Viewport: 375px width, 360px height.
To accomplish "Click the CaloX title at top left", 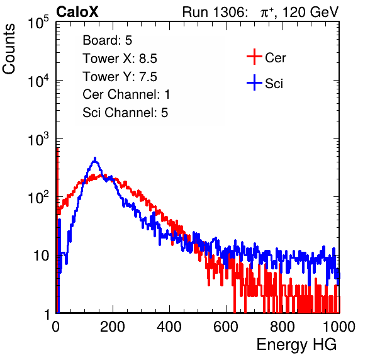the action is tap(77, 12).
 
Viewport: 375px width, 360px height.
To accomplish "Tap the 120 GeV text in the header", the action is tap(311, 12).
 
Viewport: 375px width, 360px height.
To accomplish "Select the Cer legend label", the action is tap(275, 58).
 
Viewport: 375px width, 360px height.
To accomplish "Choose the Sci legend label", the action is tap(274, 84).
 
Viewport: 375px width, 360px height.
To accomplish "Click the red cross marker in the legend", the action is tap(254, 57).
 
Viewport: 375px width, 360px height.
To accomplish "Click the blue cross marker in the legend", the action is tap(254, 82).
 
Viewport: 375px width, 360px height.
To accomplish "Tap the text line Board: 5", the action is tap(108, 40).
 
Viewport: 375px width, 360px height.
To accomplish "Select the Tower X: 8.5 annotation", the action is tap(120, 59).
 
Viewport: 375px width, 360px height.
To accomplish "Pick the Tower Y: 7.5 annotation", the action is tap(120, 77).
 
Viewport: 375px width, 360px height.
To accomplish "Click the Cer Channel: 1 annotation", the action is tap(126, 94).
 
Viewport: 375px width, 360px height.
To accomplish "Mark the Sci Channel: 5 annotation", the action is tap(125, 113).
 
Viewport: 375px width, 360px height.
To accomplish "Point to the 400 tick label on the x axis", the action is tap(169, 327).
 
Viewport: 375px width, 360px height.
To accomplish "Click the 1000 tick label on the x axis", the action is tap(339, 327).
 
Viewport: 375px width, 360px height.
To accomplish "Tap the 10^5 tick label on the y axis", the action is tap(38, 23).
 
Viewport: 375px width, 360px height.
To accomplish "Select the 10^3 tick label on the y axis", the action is tap(38, 140).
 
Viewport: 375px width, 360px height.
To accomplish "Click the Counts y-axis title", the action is tap(9, 49).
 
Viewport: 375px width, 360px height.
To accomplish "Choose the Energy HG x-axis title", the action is tap(296, 345).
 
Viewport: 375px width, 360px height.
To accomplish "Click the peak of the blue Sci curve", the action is tap(95, 158).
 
